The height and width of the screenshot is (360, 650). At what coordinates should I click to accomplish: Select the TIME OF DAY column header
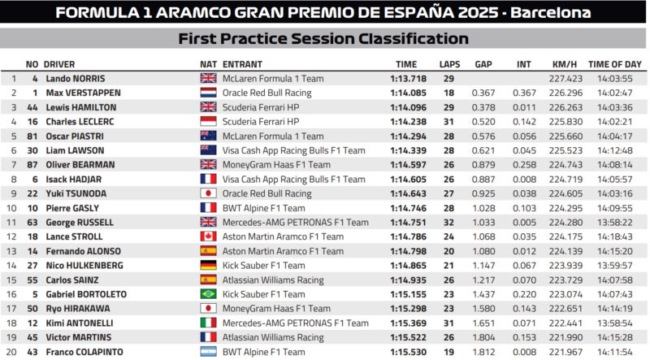tap(615, 64)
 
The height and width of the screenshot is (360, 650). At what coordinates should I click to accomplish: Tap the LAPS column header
tap(449, 64)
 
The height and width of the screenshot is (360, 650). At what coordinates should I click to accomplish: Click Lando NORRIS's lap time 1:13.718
tap(406, 79)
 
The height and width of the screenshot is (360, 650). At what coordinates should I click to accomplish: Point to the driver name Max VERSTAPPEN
tap(82, 93)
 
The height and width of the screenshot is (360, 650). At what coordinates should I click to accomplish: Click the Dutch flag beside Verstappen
tap(208, 93)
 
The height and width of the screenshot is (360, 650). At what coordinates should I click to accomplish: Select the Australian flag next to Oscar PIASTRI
tap(208, 137)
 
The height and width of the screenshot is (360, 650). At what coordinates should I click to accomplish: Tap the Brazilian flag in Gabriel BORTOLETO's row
tap(208, 294)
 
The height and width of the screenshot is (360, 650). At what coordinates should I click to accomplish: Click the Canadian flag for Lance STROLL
tap(208, 236)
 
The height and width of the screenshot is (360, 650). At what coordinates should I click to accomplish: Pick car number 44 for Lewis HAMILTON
tap(32, 107)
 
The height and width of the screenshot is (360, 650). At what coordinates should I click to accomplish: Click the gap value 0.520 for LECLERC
tap(483, 122)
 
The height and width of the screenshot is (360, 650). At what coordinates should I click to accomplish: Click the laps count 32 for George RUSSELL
tap(448, 223)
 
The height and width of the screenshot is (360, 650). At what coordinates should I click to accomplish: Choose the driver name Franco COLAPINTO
tap(84, 352)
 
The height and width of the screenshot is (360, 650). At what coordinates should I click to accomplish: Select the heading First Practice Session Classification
tap(323, 38)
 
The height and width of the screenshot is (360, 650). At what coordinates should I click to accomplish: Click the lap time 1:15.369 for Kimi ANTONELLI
tap(406, 323)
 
